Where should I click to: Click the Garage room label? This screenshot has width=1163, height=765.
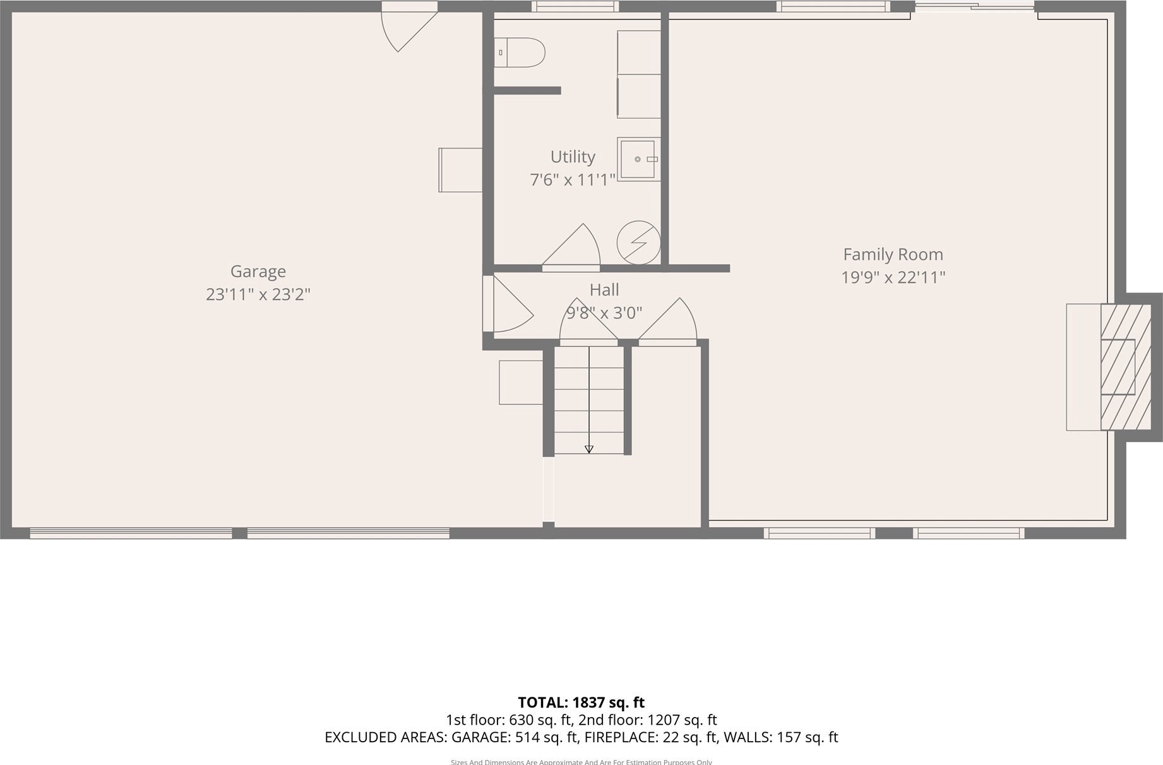[258, 272]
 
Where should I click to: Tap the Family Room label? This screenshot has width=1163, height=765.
[893, 255]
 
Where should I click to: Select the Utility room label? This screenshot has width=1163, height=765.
[573, 157]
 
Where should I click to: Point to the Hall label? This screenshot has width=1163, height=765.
[604, 290]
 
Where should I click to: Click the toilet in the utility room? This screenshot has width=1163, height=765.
[519, 52]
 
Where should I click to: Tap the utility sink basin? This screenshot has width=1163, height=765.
[638, 159]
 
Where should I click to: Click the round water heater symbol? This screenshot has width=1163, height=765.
[638, 242]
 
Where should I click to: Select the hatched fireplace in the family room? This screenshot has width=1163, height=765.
[1126, 367]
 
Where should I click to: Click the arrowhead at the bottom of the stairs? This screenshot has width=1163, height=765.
[589, 449]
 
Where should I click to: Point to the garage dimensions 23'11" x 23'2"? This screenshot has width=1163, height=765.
[258, 294]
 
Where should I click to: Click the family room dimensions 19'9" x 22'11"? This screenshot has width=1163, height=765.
[893, 277]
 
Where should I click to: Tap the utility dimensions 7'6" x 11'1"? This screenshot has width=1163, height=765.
[573, 180]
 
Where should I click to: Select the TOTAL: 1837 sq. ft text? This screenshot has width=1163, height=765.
[581, 702]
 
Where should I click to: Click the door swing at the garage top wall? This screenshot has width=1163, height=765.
[409, 27]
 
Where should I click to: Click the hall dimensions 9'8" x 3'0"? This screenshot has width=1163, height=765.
[604, 313]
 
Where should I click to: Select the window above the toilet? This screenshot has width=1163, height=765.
[575, 6]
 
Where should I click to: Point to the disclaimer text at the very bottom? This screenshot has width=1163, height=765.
[581, 761]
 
